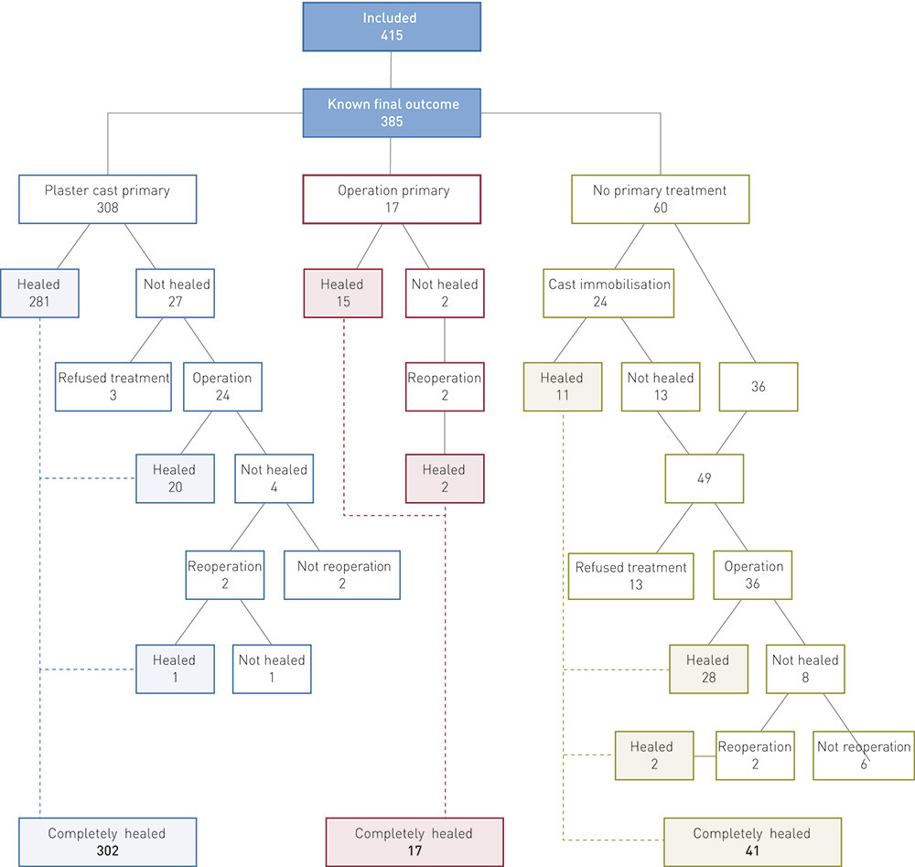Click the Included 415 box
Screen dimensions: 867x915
coord(391,26)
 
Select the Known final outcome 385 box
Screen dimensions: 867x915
coord(391,112)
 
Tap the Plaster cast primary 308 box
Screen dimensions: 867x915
coord(107,199)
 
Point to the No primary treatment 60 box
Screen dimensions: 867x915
coord(660,199)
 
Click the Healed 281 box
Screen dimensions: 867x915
coord(39,294)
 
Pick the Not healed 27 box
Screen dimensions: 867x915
coord(176,294)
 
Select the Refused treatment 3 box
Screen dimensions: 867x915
coord(114,387)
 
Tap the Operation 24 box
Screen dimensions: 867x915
coord(221,387)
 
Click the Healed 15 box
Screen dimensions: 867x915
coord(342,294)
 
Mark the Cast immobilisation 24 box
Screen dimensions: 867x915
coord(608,294)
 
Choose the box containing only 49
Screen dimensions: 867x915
coord(704,478)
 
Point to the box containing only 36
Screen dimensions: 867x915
coord(758,387)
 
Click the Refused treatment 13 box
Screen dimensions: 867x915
coord(630,576)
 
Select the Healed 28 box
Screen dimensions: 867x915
coord(707,669)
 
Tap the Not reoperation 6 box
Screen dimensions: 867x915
coord(863,755)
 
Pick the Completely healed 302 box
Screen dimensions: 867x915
coord(107,842)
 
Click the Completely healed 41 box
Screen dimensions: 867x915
coord(751,842)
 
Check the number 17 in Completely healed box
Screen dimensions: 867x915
coord(414,851)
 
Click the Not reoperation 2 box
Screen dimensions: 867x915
coord(342,575)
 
